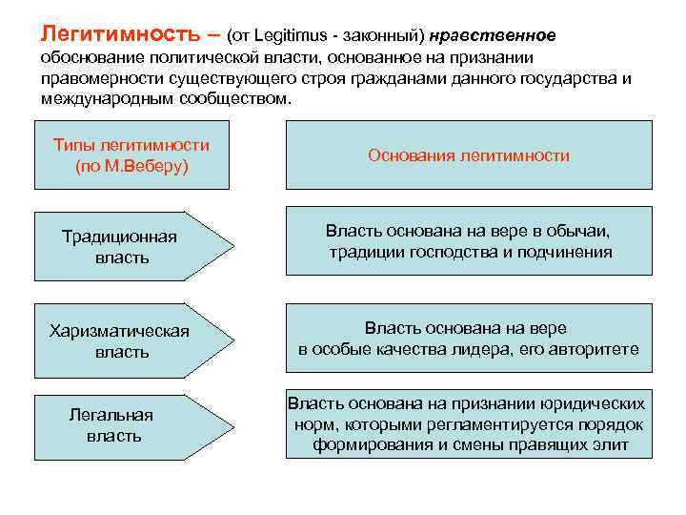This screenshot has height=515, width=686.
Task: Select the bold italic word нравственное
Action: click(x=493, y=35)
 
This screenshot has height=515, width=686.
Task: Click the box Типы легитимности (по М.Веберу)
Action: click(x=131, y=154)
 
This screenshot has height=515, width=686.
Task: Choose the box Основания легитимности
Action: click(x=469, y=154)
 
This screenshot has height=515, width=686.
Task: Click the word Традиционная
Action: click(x=119, y=236)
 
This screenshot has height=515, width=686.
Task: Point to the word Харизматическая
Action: click(x=119, y=331)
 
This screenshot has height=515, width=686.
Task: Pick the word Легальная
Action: click(x=111, y=415)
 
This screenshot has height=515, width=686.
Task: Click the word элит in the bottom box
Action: click(x=612, y=445)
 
